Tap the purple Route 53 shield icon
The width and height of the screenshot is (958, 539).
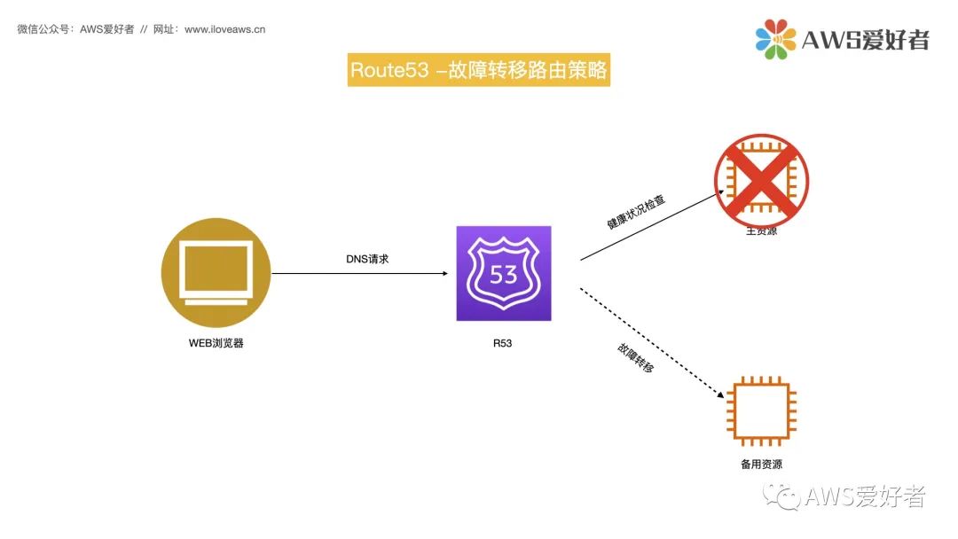tap(503, 273)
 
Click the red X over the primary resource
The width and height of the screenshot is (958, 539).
tap(761, 180)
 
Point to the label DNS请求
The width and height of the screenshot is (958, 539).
tap(367, 259)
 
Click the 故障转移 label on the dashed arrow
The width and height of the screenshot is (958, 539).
tap(636, 356)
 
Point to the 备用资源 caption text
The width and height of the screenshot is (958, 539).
tap(761, 464)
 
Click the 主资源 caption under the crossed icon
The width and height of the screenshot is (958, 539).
tap(761, 232)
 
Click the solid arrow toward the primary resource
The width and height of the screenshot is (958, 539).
tap(652, 225)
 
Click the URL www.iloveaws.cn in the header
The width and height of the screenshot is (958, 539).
tap(224, 29)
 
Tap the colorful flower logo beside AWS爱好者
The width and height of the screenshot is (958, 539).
tap(774, 38)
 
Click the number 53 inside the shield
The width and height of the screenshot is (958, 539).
tap(503, 274)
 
